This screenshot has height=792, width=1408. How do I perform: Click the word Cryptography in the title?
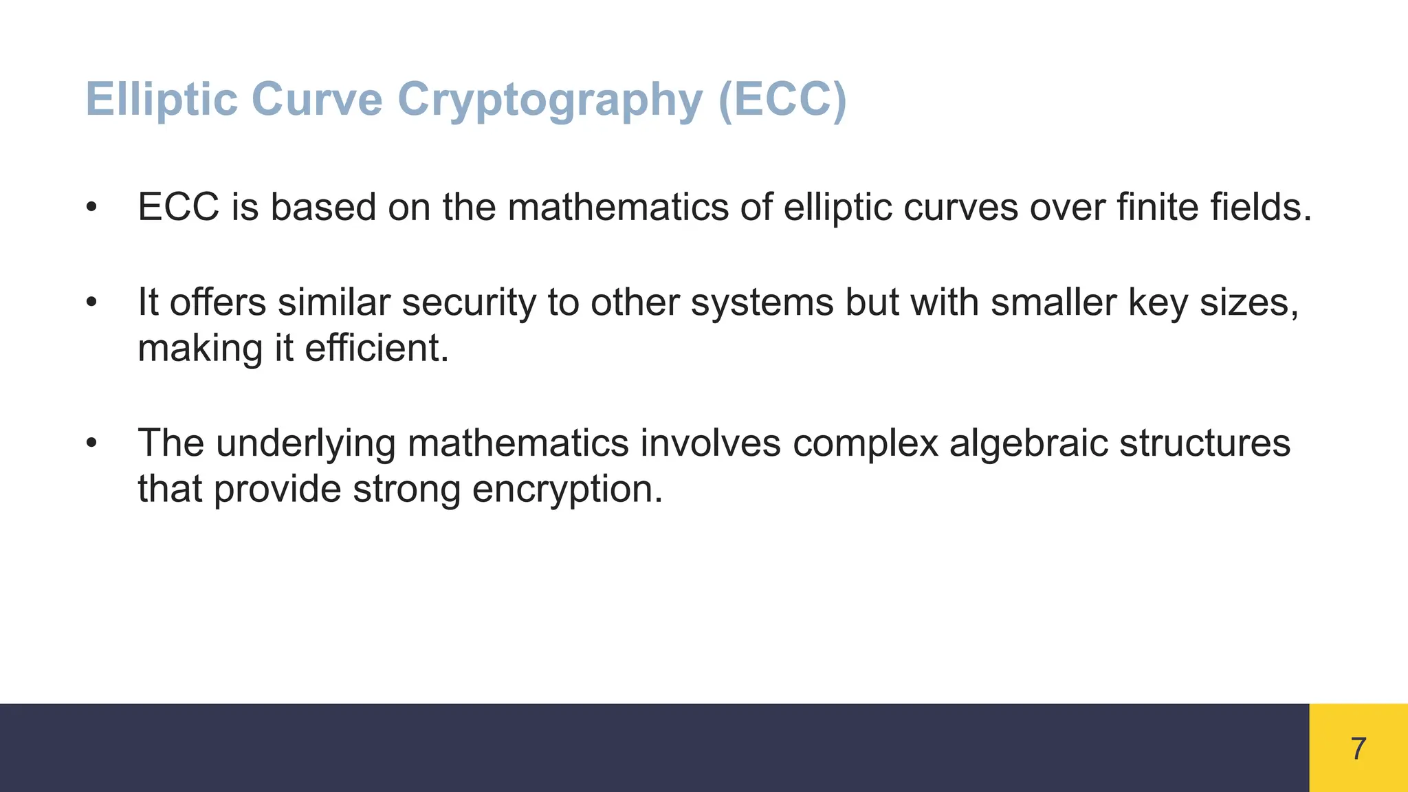pyautogui.click(x=550, y=100)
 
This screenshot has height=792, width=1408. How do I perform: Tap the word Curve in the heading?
pyautogui.click(x=318, y=99)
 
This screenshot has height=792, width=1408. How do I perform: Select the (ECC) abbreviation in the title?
pyautogui.click(x=782, y=100)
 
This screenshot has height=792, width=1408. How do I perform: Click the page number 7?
pyautogui.click(x=1358, y=749)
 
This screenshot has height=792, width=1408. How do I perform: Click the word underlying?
pyautogui.click(x=305, y=443)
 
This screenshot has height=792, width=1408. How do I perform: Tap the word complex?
pyautogui.click(x=865, y=443)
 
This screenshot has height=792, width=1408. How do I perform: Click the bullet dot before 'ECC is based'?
pyautogui.click(x=92, y=207)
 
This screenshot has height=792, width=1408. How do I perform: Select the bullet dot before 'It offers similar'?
pyautogui.click(x=92, y=302)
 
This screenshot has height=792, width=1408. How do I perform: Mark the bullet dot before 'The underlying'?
pyautogui.click(x=92, y=443)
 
